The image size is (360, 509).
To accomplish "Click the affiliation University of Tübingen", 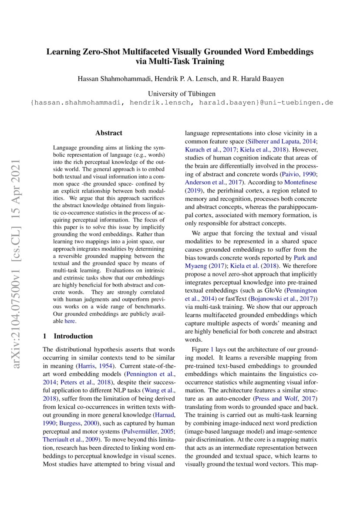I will (x=182, y=94).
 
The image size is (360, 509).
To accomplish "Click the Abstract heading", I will (x=109, y=133).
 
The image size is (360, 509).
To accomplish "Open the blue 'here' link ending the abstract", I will (x=70, y=321).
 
